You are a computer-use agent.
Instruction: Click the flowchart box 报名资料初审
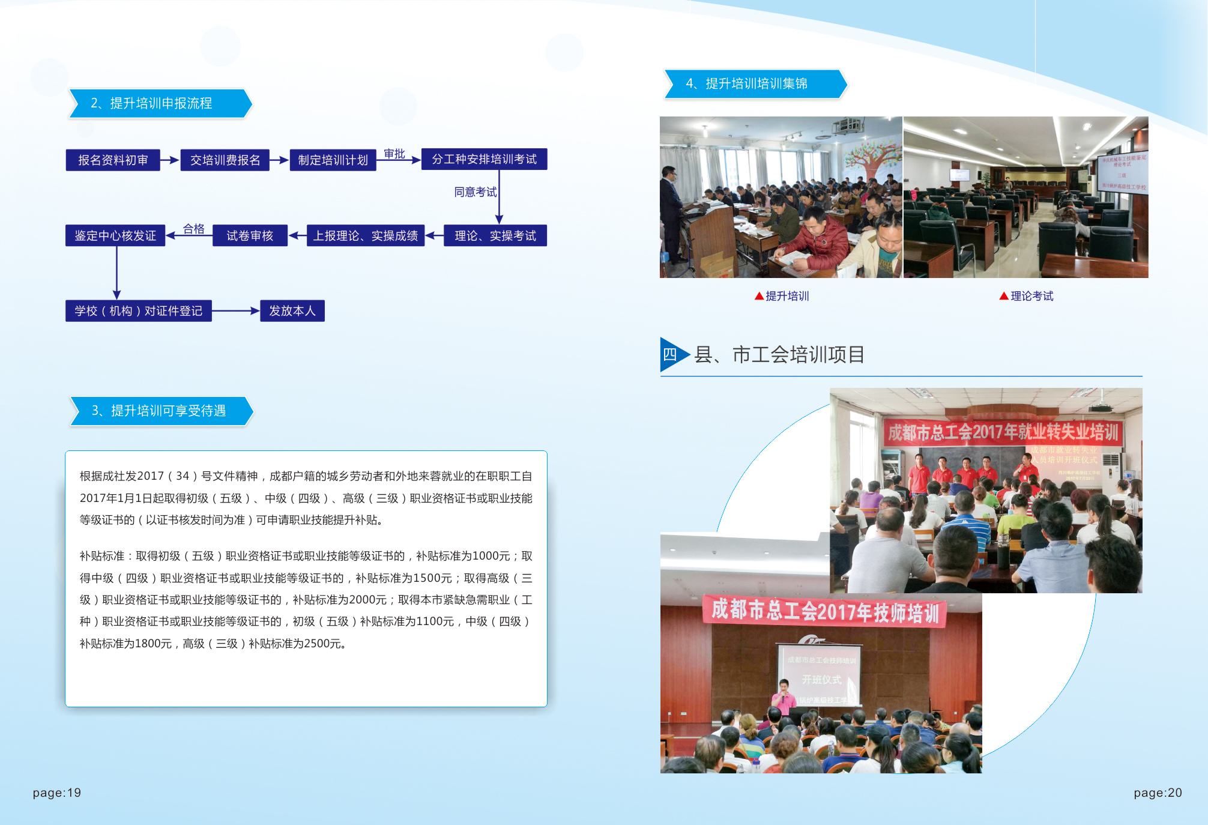click(x=113, y=160)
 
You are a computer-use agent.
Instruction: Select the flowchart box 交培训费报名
click(x=225, y=160)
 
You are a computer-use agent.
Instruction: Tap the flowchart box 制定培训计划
click(x=333, y=160)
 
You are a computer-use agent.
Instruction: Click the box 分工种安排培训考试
click(x=484, y=160)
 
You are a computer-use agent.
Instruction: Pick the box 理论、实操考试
click(x=495, y=236)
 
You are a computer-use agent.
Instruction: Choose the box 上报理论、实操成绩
click(x=365, y=236)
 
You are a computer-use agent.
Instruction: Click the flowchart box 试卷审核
click(x=250, y=236)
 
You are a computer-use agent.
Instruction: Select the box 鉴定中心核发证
click(x=115, y=236)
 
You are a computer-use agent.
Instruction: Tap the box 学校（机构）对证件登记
click(x=139, y=311)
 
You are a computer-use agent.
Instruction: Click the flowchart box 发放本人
click(x=292, y=311)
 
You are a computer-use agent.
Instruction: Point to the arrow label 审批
click(x=394, y=154)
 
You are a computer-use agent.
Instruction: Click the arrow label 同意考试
click(x=475, y=192)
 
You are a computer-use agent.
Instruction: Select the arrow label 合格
click(x=193, y=229)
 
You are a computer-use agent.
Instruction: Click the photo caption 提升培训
click(x=787, y=296)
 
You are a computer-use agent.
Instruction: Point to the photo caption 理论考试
click(x=1031, y=296)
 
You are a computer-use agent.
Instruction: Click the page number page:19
click(x=57, y=793)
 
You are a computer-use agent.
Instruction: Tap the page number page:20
click(x=1158, y=793)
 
